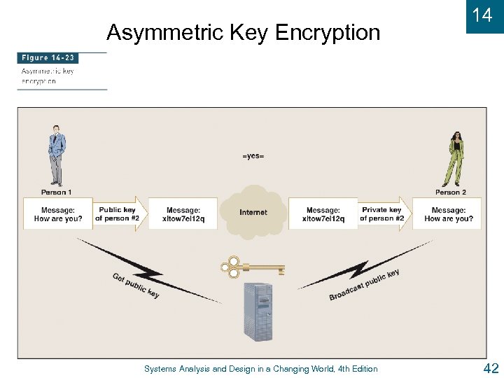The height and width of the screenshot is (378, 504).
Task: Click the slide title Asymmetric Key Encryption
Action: (243, 32)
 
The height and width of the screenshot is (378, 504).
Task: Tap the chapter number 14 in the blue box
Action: (482, 15)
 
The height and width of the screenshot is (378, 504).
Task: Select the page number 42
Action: (490, 368)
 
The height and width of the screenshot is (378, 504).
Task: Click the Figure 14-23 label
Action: (48, 58)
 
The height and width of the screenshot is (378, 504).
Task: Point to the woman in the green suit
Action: (455, 157)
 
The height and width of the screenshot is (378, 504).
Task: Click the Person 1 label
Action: (57, 192)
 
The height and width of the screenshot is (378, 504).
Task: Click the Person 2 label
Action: (451, 192)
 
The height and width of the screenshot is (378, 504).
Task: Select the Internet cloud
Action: (253, 211)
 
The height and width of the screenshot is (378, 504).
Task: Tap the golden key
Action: (252, 267)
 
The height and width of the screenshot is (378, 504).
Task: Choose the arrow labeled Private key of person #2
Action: (383, 213)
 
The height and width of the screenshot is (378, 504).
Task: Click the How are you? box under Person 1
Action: (58, 214)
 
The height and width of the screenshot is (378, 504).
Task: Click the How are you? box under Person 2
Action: (448, 214)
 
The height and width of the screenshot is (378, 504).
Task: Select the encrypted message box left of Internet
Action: (183, 214)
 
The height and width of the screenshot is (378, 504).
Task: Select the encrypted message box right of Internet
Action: (323, 214)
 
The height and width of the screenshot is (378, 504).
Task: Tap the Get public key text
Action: (136, 285)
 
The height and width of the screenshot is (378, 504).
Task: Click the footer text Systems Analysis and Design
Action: (260, 369)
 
